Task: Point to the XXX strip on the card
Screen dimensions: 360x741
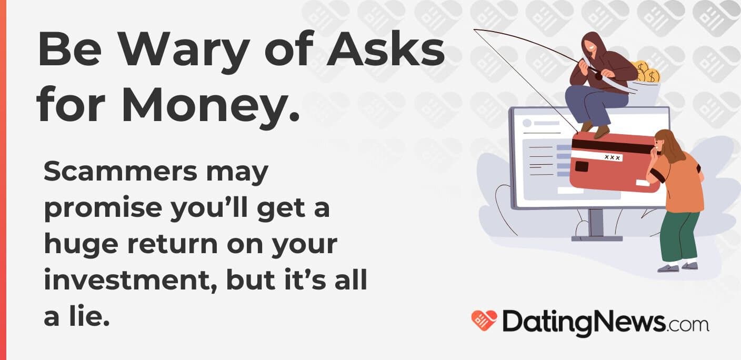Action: coord(612,157)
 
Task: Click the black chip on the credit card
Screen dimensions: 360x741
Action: coord(582,166)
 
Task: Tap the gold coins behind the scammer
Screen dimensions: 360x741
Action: coord(646,72)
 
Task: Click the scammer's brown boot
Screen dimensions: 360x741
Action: coord(600,131)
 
